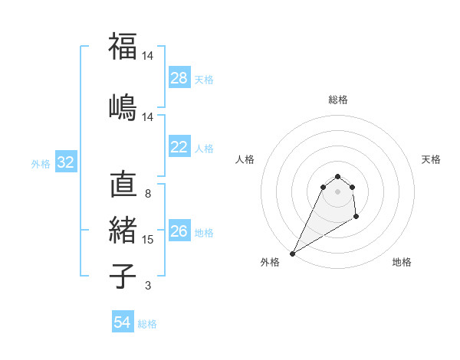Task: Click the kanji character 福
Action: point(123,47)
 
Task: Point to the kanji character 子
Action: point(123,276)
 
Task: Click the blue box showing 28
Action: point(179,78)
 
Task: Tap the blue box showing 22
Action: point(179,148)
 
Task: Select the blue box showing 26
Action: point(179,232)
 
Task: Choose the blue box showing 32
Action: point(65,162)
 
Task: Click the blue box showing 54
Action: point(123,323)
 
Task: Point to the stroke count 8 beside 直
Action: point(147,194)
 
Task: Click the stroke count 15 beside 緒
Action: point(148,240)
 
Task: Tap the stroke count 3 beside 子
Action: point(147,286)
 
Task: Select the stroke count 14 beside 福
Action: point(148,57)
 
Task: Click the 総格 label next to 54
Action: point(147,324)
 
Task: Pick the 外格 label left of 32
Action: point(41,163)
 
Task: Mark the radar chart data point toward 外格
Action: point(292,253)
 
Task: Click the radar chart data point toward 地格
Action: point(356,217)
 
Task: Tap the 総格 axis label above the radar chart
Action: point(337,100)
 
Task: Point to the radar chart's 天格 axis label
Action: point(431,159)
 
